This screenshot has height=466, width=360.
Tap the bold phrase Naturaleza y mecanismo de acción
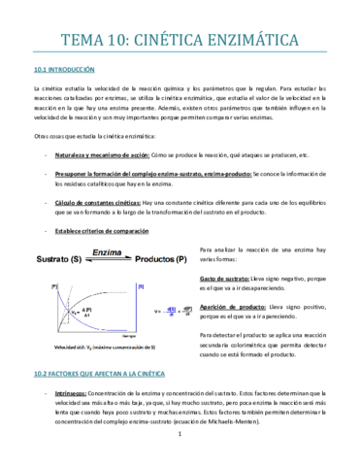102,154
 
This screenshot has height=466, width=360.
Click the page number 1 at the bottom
180,449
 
